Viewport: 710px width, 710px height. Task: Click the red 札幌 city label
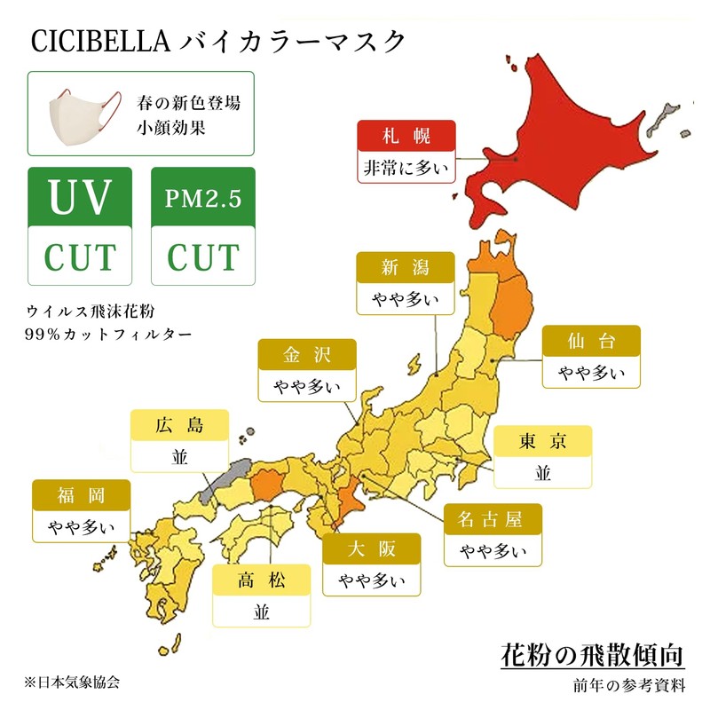click(x=406, y=136)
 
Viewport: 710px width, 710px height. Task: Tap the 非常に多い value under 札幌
click(x=406, y=166)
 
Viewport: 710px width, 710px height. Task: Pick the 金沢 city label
click(x=307, y=354)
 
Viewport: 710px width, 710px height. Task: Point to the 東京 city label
click(x=542, y=441)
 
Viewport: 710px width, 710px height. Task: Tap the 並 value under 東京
click(x=542, y=471)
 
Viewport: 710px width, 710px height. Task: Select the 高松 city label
click(x=261, y=581)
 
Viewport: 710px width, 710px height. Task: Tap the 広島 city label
click(x=179, y=425)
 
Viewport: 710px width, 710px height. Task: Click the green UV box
click(x=81, y=197)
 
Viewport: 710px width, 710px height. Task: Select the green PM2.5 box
click(x=203, y=197)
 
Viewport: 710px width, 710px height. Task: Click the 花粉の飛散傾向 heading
click(x=593, y=657)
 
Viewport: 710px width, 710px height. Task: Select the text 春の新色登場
click(x=189, y=103)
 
